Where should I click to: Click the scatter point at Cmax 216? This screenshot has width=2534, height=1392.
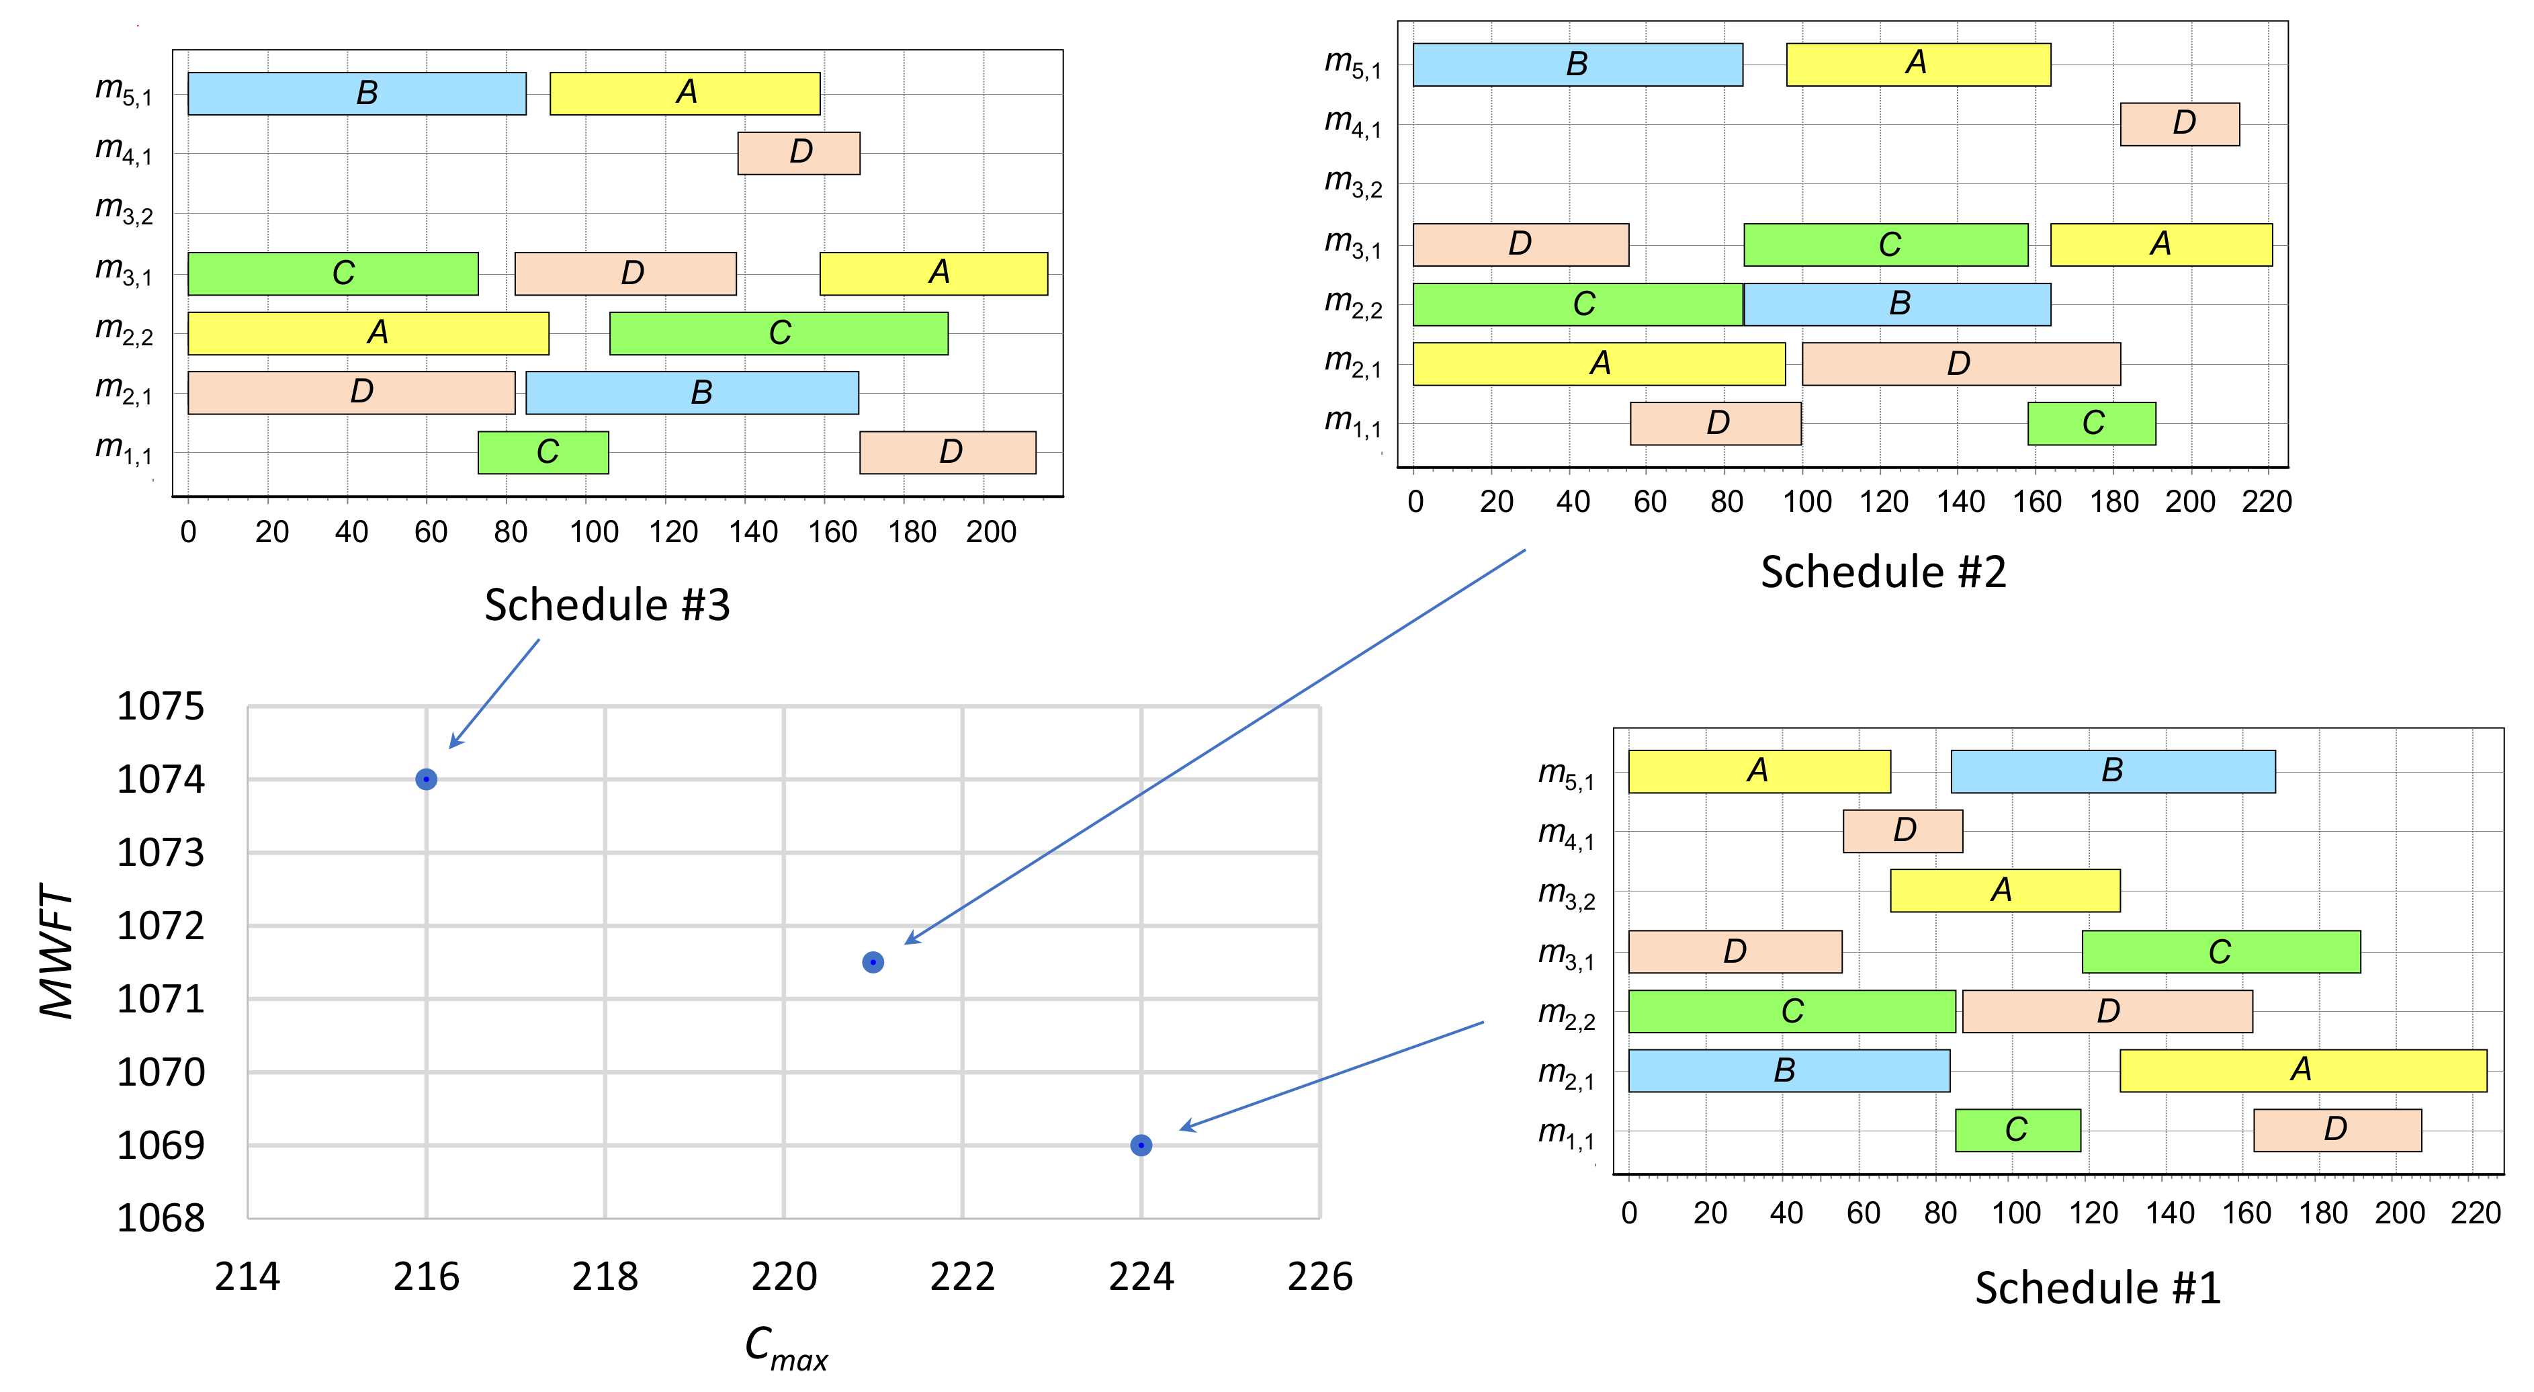pyautogui.click(x=426, y=779)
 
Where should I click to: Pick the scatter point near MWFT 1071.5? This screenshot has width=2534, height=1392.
pyautogui.click(x=873, y=962)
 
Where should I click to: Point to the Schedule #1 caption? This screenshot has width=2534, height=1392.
pyautogui.click(x=2097, y=1289)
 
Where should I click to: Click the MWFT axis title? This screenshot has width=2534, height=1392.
pyautogui.click(x=57, y=951)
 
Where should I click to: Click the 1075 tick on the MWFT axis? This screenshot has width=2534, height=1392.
pyautogui.click(x=161, y=706)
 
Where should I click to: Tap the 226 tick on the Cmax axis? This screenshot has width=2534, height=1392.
pyautogui.click(x=1319, y=1277)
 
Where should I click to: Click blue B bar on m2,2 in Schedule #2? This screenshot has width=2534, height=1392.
pyautogui.click(x=1896, y=304)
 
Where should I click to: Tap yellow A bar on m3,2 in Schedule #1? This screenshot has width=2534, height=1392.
pyautogui.click(x=2004, y=890)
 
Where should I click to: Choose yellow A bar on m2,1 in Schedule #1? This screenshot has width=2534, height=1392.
pyautogui.click(x=2302, y=1070)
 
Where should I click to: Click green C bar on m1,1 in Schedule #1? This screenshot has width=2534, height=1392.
pyautogui.click(x=2017, y=1130)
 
